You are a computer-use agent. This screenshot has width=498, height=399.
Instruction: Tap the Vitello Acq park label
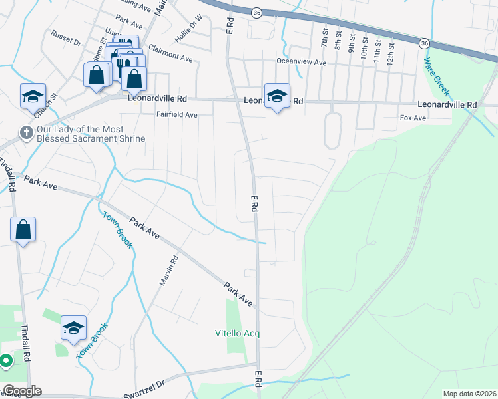pos(236,332)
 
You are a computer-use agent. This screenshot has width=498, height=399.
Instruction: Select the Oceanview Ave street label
pos(302,62)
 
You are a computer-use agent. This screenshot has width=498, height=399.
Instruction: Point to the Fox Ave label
pos(412,118)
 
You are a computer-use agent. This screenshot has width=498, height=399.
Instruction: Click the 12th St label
pos(390,50)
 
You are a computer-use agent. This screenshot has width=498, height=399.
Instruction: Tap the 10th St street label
pos(364,49)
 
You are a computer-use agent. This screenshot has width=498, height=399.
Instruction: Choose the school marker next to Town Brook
pos(73,327)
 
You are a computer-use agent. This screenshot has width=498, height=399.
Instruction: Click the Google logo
pos(22,391)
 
